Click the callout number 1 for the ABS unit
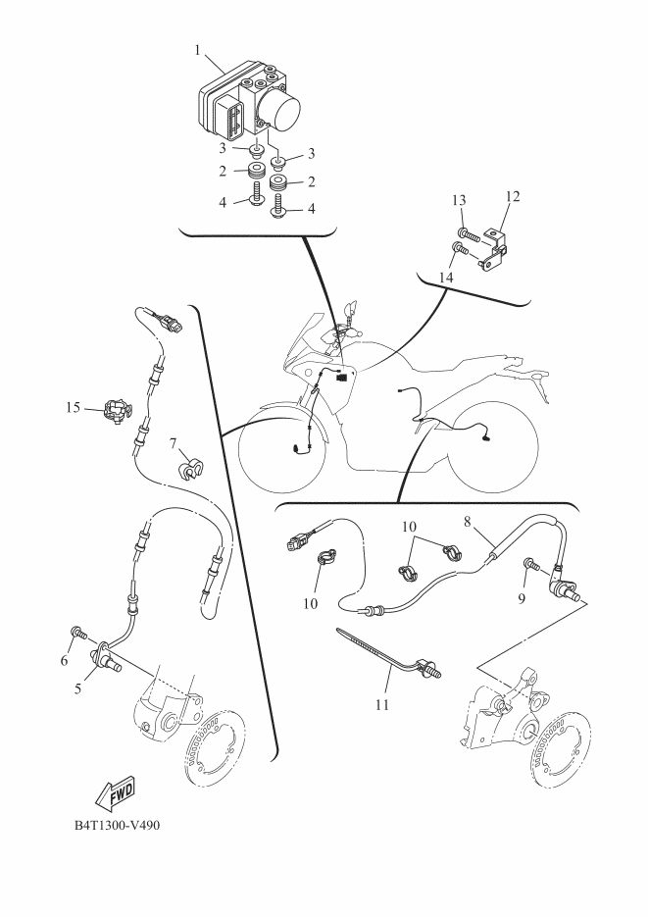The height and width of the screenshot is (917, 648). click(x=197, y=50)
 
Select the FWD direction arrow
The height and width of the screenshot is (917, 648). click(x=115, y=793)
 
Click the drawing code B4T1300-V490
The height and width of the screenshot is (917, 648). click(x=117, y=825)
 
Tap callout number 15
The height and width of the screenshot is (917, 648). click(x=73, y=407)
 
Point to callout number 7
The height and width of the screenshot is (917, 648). click(x=173, y=444)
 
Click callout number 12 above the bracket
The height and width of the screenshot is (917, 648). click(x=513, y=196)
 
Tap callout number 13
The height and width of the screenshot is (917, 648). click(x=459, y=200)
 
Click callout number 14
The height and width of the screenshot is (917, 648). click(x=446, y=278)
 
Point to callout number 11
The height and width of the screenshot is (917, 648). click(x=381, y=705)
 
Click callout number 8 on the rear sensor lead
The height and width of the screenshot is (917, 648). click(x=467, y=522)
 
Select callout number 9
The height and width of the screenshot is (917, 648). click(x=522, y=599)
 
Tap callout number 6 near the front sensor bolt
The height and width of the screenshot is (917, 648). click(x=65, y=661)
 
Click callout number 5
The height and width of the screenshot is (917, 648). click(x=77, y=688)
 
